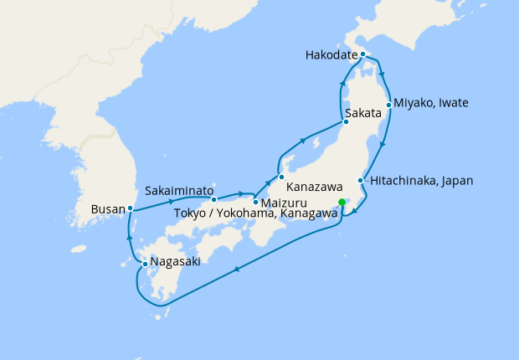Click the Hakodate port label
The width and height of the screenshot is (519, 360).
(331, 55)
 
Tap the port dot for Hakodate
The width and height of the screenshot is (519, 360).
(362, 54)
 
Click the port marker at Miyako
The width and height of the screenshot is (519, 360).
(389, 105)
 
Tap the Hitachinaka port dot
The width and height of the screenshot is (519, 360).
(360, 181)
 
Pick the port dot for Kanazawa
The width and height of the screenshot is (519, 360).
(282, 177)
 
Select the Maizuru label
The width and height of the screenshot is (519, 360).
(285, 203)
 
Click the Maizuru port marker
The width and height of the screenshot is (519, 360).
(255, 202)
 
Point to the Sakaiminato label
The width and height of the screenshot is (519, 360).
(179, 190)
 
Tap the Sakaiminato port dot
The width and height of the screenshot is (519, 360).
(214, 199)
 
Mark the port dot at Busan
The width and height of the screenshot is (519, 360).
(131, 208)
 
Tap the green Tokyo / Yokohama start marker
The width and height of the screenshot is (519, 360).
(342, 202)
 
